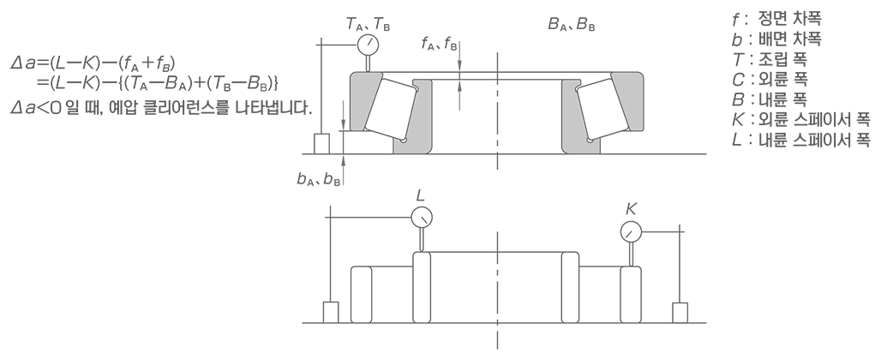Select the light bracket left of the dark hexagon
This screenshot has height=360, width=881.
[x=412, y=117]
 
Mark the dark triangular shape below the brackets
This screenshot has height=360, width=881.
[x=351, y=178]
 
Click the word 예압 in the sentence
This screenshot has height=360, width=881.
[x=121, y=109]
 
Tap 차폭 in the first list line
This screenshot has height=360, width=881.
[x=806, y=18]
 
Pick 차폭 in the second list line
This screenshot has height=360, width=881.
[x=806, y=39]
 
